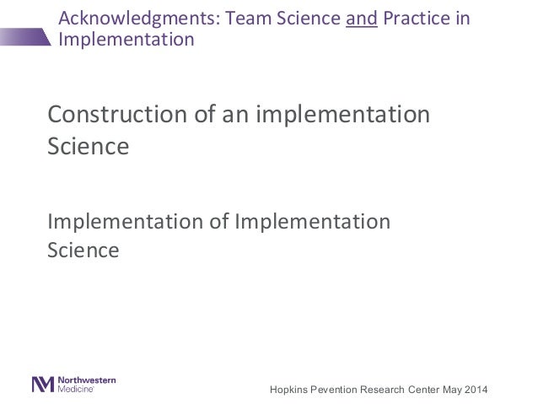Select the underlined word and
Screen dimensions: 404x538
point(362,19)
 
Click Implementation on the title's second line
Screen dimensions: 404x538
point(125,40)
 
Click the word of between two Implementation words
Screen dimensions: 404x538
point(217,223)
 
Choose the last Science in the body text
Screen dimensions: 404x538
point(83,250)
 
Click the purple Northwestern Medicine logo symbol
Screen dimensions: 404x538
point(42,384)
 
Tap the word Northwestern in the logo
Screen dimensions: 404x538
point(88,380)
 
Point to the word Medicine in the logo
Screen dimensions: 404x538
point(76,390)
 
